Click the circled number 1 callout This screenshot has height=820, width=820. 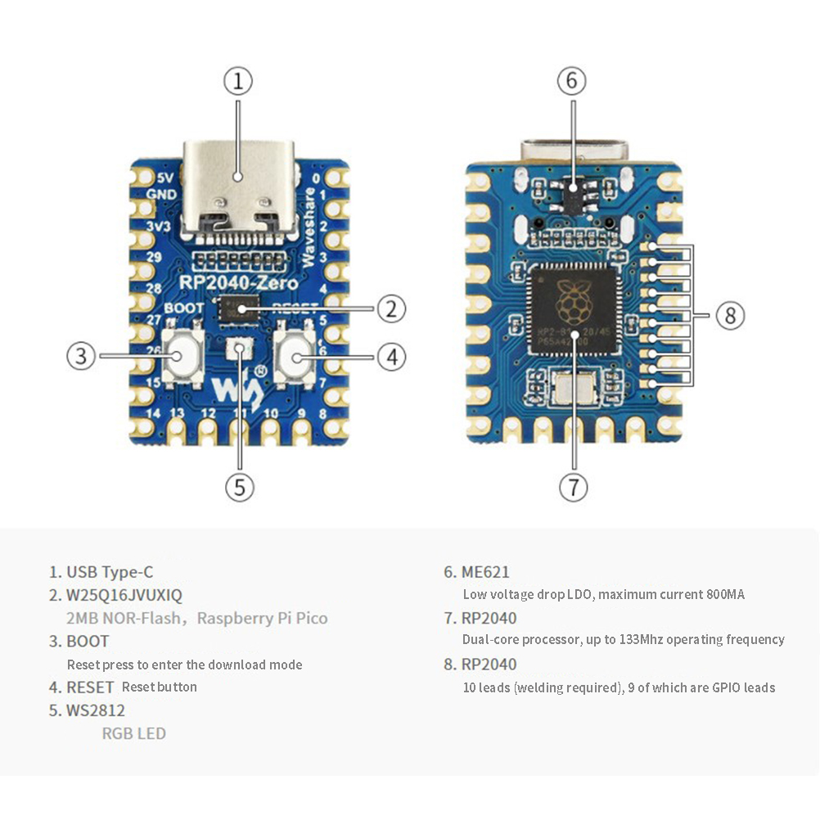point(238,81)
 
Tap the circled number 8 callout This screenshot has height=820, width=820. point(730,315)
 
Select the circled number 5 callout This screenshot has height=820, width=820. point(239,488)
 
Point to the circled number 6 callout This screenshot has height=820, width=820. point(572,81)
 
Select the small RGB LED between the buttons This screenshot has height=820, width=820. point(240,349)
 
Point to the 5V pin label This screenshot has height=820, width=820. point(164,178)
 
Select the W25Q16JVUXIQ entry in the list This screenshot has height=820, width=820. point(124,595)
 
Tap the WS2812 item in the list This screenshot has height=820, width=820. point(96,710)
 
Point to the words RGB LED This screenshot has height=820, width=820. point(133,733)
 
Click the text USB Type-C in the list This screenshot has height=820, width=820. point(110,572)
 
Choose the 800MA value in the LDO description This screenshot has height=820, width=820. point(725,595)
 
